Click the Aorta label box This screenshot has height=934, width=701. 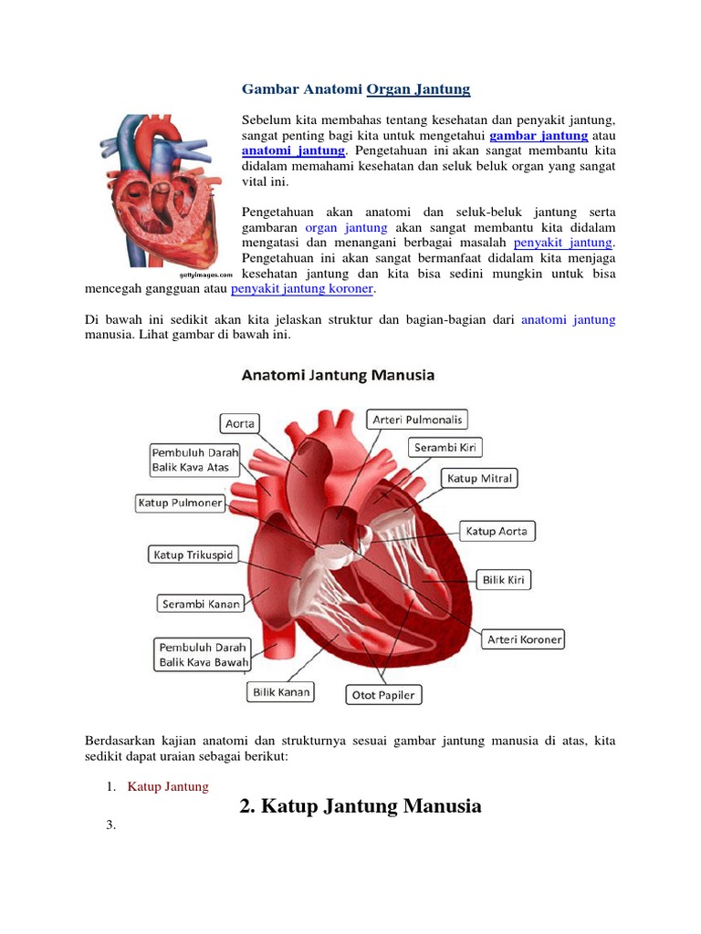coord(239,423)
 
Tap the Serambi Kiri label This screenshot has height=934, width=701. coord(445,448)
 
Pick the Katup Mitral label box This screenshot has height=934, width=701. coord(479,478)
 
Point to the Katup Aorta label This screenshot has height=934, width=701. coord(496,531)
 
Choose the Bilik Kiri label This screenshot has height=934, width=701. coord(503,579)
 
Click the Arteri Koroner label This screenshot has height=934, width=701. coord(524,638)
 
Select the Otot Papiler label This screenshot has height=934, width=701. coord(382,695)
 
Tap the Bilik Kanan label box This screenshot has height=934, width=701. coord(280,692)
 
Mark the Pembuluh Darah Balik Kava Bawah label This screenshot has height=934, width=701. coord(200,654)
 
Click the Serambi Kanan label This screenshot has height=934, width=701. coord(200,604)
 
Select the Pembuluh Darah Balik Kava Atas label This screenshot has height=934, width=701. coord(195,460)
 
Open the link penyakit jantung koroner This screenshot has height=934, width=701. coord(302,289)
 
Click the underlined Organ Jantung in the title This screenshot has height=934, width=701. coord(418,89)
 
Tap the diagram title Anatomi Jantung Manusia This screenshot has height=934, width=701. coord(338,375)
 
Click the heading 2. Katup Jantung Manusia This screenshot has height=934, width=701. coord(360,806)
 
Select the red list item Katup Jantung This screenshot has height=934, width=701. coord(168,786)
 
